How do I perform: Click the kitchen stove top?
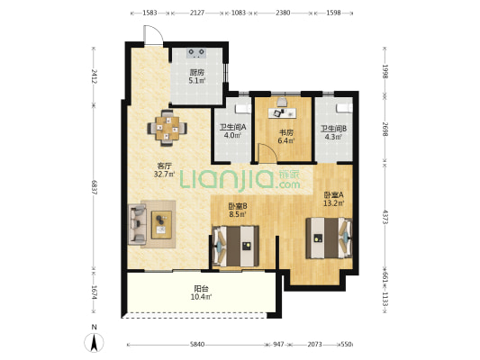196,53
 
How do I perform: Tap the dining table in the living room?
168,128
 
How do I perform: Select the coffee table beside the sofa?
161,225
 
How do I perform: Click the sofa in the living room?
137,225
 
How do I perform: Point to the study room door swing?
267,152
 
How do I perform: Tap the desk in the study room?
282,113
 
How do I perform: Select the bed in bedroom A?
329,238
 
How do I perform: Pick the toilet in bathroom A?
243,109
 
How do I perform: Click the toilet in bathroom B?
344,108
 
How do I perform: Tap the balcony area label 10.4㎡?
201,297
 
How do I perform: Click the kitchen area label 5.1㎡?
197,81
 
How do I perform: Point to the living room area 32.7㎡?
165,175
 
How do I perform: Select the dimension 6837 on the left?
95,187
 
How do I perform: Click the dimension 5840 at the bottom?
197,345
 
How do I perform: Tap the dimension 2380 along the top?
283,13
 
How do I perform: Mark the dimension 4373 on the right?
385,217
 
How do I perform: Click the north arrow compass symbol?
95,342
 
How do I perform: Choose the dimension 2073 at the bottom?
314,345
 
